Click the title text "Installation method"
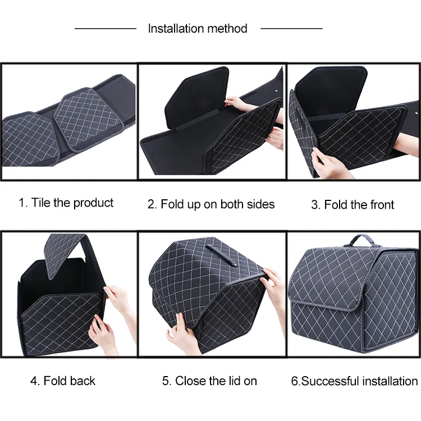tap(198, 29)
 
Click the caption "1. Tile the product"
tap(66, 203)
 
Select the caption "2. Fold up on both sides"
tap(211, 204)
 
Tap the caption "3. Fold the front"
tap(353, 205)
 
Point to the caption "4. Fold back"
tap(62, 381)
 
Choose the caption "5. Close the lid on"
tap(209, 381)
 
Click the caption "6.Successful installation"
tap(354, 381)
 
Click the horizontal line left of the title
tap(106, 28)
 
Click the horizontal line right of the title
tap(291, 28)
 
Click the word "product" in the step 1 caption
tap(93, 203)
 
